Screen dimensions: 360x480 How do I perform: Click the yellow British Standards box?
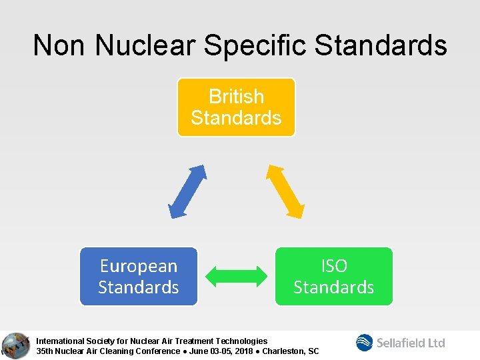236,107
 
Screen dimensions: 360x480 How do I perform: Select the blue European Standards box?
139,277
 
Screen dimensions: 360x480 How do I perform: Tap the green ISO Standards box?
334,277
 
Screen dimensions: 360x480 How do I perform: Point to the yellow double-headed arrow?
285,190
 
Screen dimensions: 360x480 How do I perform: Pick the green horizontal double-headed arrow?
236,277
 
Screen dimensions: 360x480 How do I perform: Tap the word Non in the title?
60,45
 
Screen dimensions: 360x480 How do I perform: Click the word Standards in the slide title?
381,45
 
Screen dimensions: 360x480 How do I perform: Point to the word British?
236,97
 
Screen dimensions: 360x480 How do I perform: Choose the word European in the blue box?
139,266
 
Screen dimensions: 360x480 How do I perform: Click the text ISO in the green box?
334,266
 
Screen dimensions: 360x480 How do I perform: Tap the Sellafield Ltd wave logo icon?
365,343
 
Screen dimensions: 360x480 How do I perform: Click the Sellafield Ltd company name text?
411,343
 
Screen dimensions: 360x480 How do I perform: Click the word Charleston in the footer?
283,351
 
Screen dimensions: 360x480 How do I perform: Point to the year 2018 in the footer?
245,351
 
